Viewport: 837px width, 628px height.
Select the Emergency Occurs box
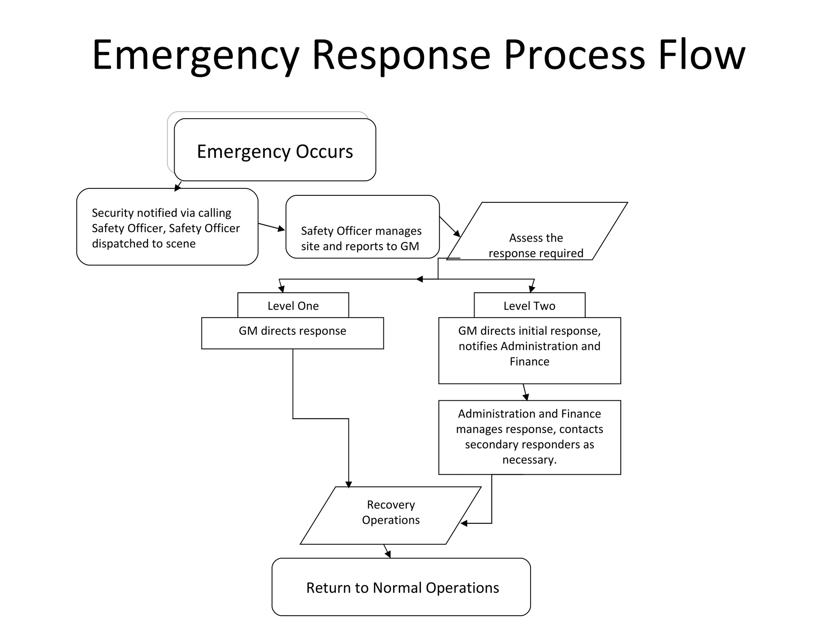pos(275,150)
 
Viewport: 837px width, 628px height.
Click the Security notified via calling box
pos(167,227)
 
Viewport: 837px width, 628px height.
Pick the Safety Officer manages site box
pos(362,227)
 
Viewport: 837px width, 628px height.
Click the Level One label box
pos(293,305)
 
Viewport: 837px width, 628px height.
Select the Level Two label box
pos(529,305)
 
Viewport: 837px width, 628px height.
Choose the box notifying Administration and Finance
pos(529,350)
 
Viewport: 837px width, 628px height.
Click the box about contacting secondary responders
pos(529,437)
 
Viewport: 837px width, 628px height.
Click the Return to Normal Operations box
pos(401,587)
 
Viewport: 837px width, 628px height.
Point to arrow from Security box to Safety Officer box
pos(272,227)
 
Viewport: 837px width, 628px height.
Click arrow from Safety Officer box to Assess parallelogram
pos(450,227)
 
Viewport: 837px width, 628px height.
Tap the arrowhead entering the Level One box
pos(282,289)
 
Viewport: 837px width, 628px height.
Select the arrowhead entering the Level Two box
pos(532,289)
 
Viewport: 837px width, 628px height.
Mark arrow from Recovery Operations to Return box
pos(387,551)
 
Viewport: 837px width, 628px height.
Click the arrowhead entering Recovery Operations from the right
pos(464,523)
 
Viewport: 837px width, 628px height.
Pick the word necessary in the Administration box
pos(529,460)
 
